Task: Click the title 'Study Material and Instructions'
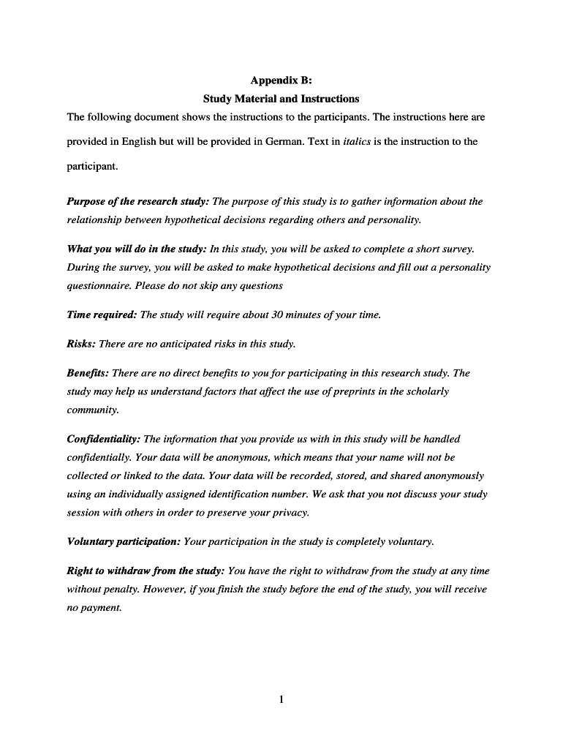281,99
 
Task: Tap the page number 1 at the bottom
281,699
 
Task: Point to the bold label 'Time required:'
102,315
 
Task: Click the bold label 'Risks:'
81,344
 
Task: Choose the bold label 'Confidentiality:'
104,440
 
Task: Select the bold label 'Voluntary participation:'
124,542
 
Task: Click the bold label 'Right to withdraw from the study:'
146,571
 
